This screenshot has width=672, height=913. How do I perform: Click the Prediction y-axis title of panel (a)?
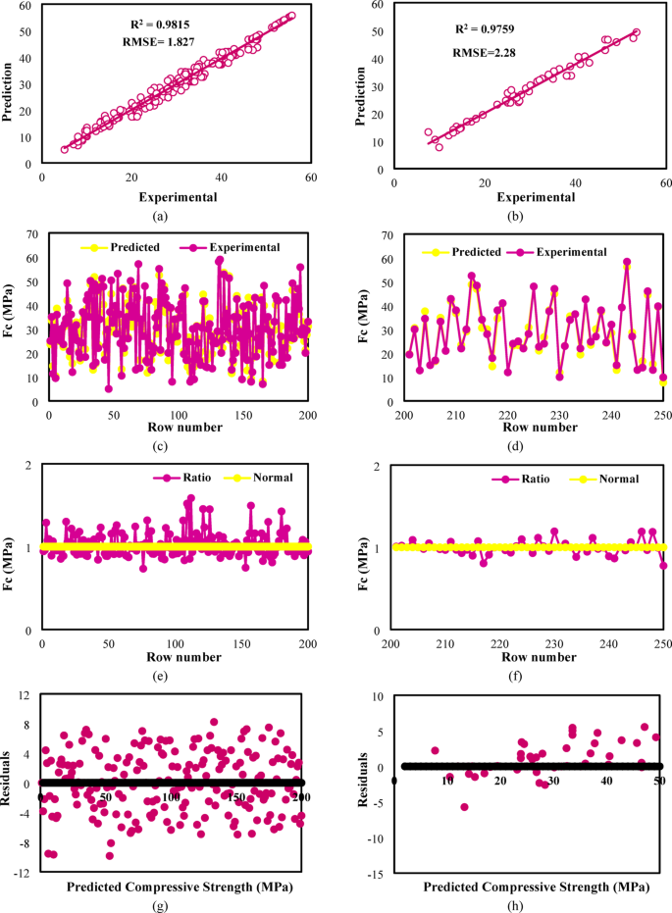[11, 93]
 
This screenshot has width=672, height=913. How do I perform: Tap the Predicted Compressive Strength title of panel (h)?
[536, 887]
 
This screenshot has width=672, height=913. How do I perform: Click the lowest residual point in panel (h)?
[464, 806]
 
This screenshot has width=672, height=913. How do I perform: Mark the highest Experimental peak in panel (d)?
[627, 262]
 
